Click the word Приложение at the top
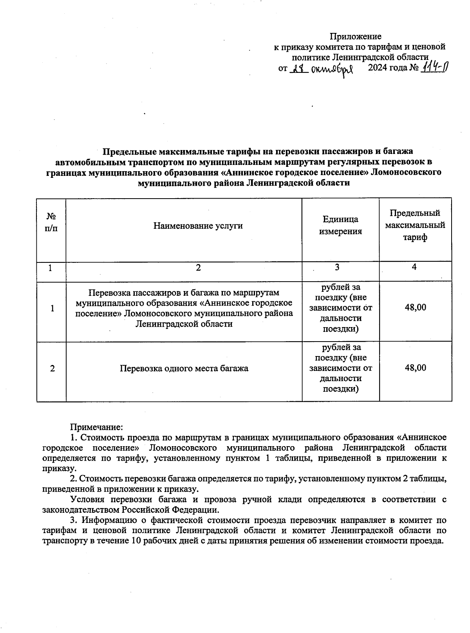[x=355, y=36]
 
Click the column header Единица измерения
[x=340, y=225]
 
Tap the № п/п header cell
[x=51, y=222]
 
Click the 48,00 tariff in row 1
[x=415, y=307]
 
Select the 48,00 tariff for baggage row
[x=415, y=368]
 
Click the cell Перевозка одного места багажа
[x=184, y=368]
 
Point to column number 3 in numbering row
[x=337, y=268]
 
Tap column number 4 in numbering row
[x=414, y=267]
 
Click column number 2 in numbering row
[x=198, y=268]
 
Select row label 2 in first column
[x=52, y=368]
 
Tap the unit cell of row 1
[x=340, y=308]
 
